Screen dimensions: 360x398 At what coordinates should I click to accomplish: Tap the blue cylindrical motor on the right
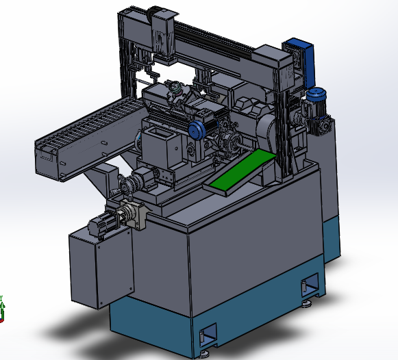click(x=316, y=101)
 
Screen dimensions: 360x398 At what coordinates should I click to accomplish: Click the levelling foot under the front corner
click(x=206, y=355)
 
